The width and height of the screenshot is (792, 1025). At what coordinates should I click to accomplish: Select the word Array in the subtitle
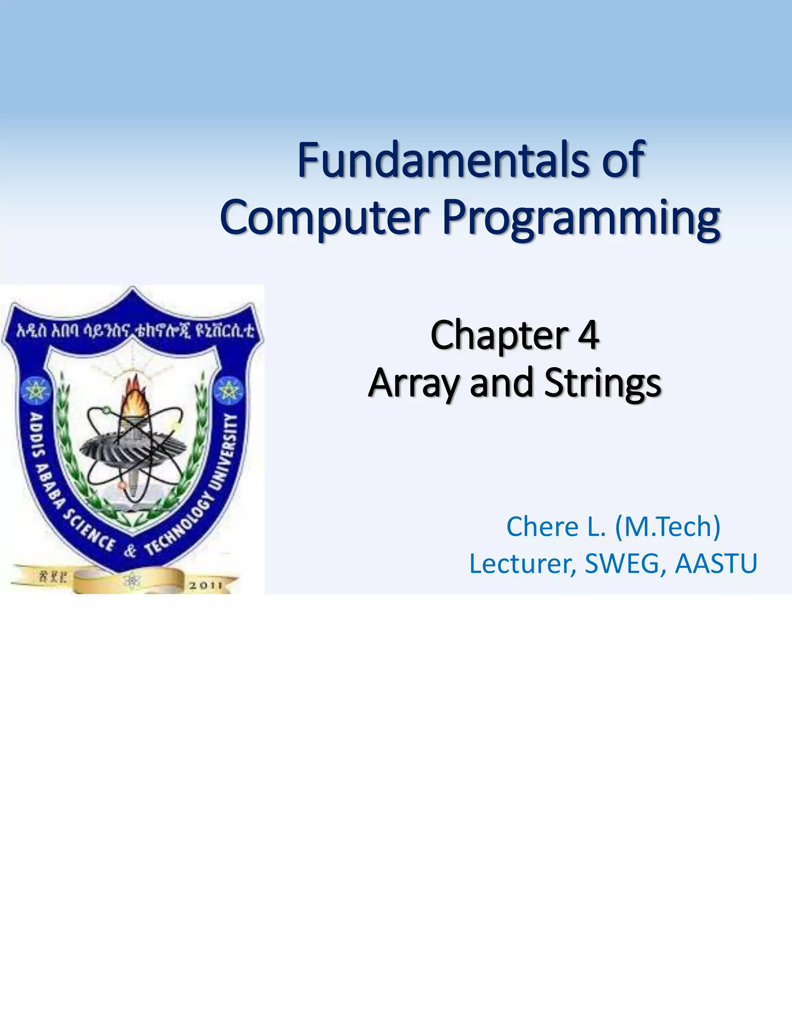point(413,383)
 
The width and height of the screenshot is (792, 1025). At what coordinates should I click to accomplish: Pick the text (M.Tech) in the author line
point(667,526)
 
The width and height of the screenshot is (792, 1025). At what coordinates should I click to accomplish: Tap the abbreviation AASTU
point(716,564)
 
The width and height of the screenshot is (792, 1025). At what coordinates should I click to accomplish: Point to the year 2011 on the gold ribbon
point(205,585)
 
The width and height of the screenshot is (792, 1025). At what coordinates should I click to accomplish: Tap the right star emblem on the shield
point(229,390)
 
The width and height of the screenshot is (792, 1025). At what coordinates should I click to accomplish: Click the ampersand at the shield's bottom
point(130,550)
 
